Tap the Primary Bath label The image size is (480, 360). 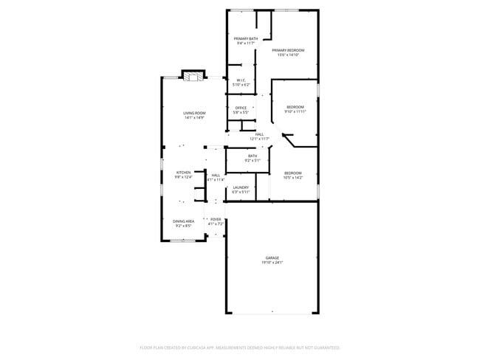(x=246, y=38)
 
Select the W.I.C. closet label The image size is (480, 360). (x=241, y=81)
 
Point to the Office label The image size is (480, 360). (x=241, y=108)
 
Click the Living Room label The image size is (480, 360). (x=194, y=113)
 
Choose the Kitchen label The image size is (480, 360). (x=183, y=172)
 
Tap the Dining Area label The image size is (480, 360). (x=183, y=221)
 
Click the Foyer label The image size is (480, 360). (x=216, y=219)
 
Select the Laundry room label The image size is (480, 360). (x=241, y=187)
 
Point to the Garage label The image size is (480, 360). (x=272, y=257)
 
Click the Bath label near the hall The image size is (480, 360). (x=253, y=155)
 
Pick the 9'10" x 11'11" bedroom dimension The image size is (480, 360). (x=295, y=111)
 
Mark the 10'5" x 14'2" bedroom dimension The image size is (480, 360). (x=293, y=177)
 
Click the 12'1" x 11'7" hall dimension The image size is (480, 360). (x=259, y=138)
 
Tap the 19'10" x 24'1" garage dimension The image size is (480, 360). (x=272, y=262)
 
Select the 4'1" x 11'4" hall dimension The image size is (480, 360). (x=216, y=179)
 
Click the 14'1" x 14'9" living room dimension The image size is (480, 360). (x=194, y=117)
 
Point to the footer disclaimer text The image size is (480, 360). (x=239, y=347)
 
